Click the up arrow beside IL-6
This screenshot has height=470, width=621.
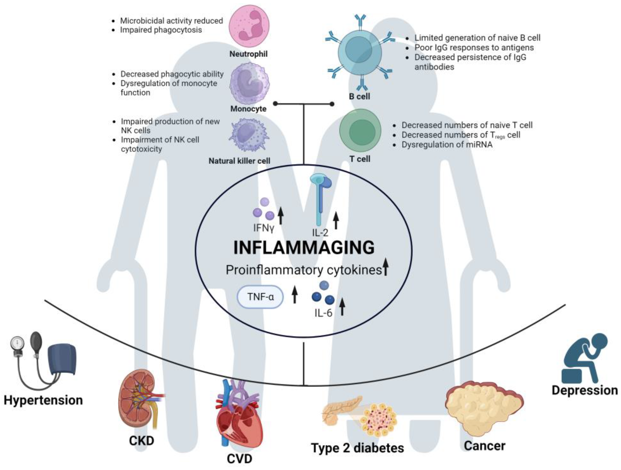[342, 307]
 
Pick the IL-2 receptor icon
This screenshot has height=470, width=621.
[321, 197]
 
